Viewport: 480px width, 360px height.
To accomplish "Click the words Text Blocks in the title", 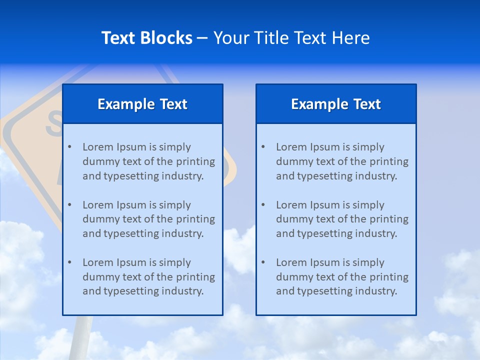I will pyautogui.click(x=146, y=38).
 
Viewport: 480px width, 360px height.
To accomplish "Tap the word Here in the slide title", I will pyautogui.click(x=352, y=38).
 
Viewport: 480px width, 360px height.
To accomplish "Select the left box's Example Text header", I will pyautogui.click(x=142, y=104).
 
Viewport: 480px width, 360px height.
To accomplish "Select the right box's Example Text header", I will pyautogui.click(x=336, y=104).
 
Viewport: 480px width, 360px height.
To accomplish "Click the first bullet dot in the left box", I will pyautogui.click(x=69, y=147).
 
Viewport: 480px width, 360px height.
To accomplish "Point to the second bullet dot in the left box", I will pyautogui.click(x=69, y=205).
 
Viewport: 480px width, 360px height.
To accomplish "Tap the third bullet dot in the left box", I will pyautogui.click(x=69, y=262).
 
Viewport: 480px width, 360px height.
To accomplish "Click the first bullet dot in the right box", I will pyautogui.click(x=263, y=147).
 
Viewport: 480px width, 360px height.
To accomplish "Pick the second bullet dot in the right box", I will pyautogui.click(x=263, y=205).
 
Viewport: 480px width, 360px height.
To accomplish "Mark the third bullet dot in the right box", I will pyautogui.click(x=263, y=262).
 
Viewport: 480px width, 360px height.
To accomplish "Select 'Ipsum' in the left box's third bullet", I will pyautogui.click(x=131, y=262).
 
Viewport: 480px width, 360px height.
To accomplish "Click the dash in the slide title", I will pyautogui.click(x=202, y=38).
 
